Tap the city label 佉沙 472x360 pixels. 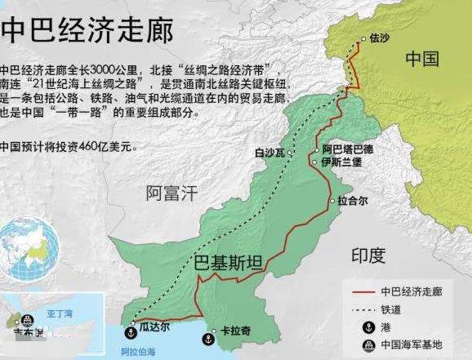(x=380, y=38)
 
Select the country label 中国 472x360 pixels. (x=422, y=60)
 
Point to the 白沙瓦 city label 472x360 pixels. (x=272, y=151)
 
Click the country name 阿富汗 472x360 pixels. (x=171, y=193)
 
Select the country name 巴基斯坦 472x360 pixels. (x=228, y=263)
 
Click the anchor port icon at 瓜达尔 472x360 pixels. (x=128, y=332)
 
